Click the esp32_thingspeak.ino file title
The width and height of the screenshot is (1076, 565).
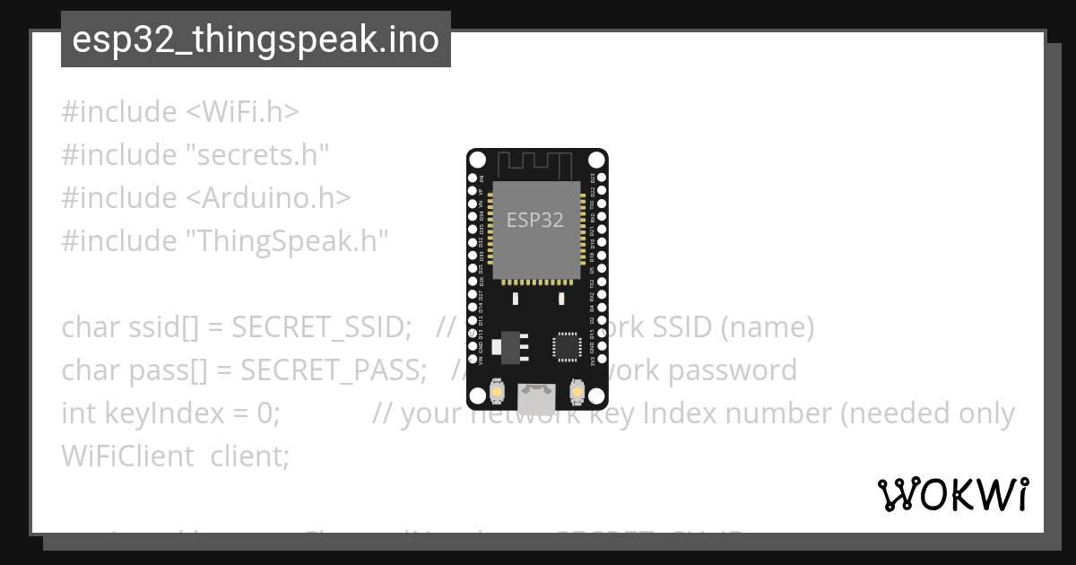click(256, 39)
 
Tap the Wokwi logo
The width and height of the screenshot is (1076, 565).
click(952, 494)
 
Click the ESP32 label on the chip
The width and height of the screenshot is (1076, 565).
click(535, 220)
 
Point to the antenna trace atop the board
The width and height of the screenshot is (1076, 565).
click(535, 164)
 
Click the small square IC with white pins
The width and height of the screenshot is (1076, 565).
click(567, 345)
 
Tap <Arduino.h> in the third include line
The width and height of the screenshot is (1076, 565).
click(268, 198)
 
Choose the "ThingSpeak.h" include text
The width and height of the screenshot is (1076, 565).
click(287, 241)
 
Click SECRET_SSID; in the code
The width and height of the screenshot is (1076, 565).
click(321, 327)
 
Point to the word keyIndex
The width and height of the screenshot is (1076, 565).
click(143, 413)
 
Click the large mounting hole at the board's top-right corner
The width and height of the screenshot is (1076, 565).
click(596, 160)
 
